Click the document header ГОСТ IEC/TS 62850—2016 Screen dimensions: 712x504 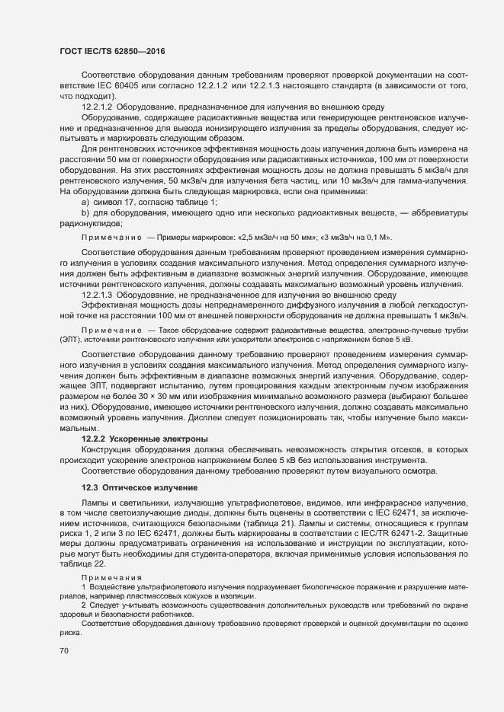coord(113,50)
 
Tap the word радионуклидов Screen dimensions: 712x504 coord(91,225)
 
